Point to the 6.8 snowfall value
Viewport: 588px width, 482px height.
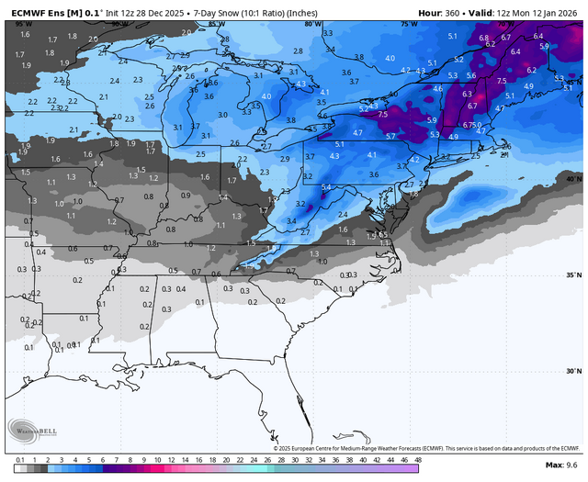pos(484,38)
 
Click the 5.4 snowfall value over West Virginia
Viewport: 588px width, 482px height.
pos(325,186)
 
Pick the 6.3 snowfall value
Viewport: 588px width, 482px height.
pos(467,94)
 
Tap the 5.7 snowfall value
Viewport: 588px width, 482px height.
pos(390,136)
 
